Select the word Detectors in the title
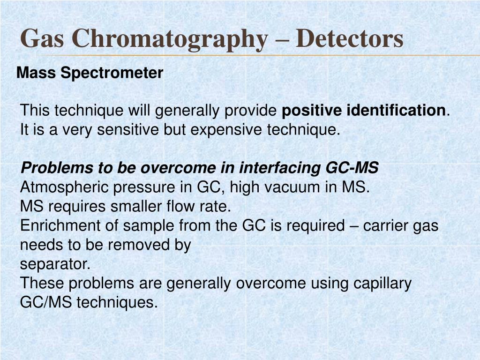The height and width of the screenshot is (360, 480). click(x=350, y=38)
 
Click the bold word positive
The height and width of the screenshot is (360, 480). click(x=312, y=111)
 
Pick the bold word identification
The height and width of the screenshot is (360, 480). click(x=397, y=111)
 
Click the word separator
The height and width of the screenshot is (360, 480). click(x=55, y=264)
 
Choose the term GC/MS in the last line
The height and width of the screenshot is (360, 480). click(x=45, y=303)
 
